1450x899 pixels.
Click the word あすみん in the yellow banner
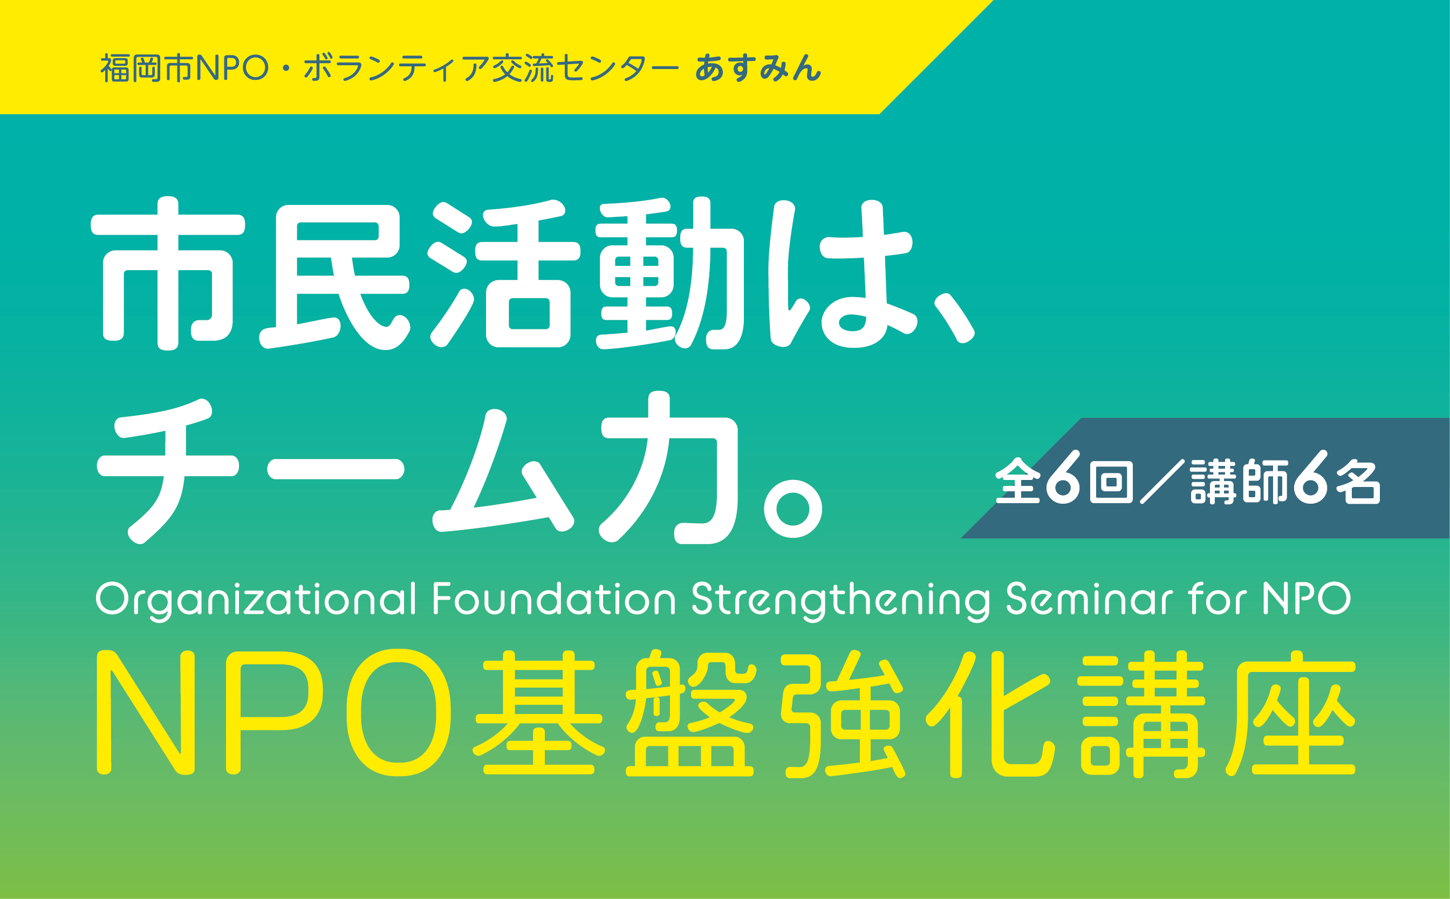pos(758,67)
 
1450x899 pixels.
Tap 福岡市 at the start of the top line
pos(147,68)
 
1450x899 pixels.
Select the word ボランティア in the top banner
pos(397,68)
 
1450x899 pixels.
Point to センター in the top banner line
pos(619,68)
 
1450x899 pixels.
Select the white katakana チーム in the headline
pos(336,470)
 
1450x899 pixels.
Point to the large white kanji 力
pos(669,468)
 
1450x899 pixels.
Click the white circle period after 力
pos(793,509)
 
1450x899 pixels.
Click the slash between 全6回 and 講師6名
pos(1162,481)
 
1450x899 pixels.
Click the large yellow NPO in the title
pos(273,712)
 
